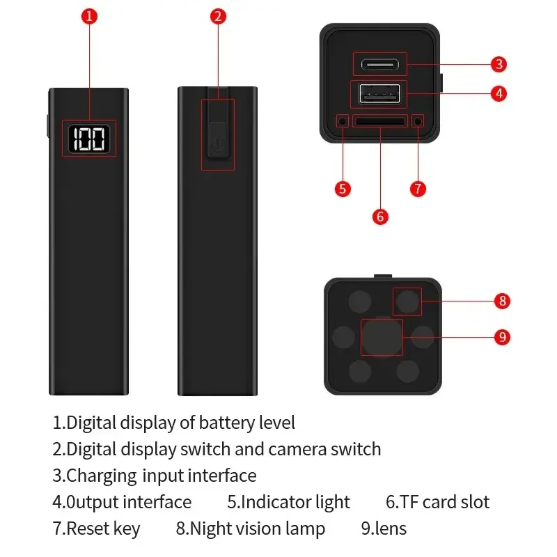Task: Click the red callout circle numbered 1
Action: [x=89, y=16]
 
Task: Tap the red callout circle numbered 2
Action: [x=218, y=16]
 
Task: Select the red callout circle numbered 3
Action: [x=499, y=64]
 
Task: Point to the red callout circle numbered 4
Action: [x=499, y=94]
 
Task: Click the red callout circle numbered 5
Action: [x=343, y=189]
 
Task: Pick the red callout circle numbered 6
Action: [x=380, y=217]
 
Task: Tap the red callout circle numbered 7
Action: [x=418, y=189]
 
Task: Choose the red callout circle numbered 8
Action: [x=502, y=301]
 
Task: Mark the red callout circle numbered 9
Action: [x=502, y=337]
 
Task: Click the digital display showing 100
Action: [x=89, y=139]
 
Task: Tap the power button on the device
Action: [x=217, y=140]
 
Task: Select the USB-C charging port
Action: [x=379, y=65]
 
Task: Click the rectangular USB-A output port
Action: [x=379, y=94]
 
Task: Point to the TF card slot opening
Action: [x=380, y=121]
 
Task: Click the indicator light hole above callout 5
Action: [x=343, y=121]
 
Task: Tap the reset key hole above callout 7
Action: [x=418, y=121]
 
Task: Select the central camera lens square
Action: [x=382, y=337]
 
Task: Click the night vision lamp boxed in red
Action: [x=407, y=301]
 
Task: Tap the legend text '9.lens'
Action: [x=384, y=528]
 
